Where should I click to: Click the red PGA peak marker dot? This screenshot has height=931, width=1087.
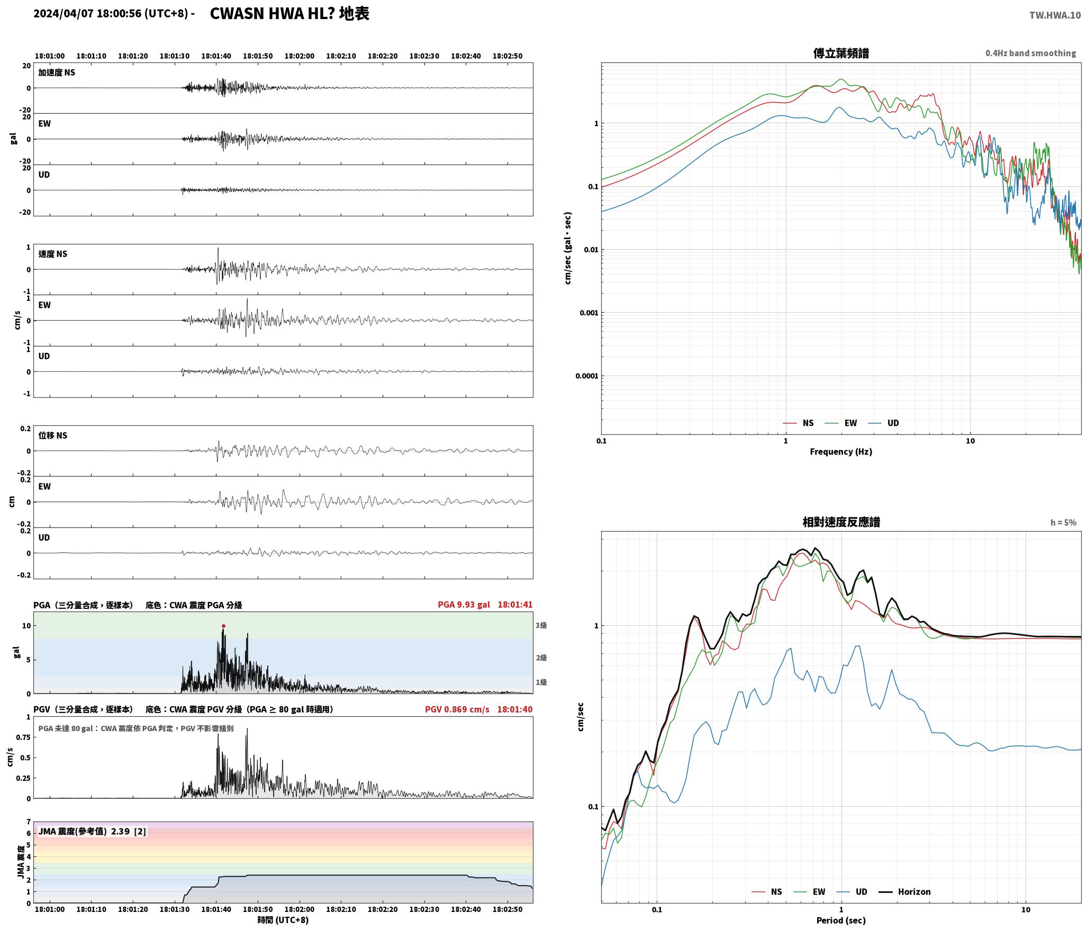(x=223, y=626)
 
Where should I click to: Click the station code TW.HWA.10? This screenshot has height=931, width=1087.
(x=1055, y=15)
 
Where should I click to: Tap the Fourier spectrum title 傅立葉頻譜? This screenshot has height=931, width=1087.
(x=841, y=53)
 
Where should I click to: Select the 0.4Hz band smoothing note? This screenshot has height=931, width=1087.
(x=1030, y=53)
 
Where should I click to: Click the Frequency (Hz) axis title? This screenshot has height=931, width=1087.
(x=841, y=451)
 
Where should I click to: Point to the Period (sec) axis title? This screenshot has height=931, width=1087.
(x=841, y=920)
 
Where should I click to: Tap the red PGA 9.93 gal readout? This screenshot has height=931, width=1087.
(x=464, y=604)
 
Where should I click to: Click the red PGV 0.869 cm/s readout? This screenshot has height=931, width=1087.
(x=457, y=709)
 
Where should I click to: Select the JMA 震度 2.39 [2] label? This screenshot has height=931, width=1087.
(x=92, y=831)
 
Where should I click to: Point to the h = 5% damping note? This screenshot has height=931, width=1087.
(x=1063, y=522)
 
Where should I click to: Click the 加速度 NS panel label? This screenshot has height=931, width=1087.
(x=57, y=72)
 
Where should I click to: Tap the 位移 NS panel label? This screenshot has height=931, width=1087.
(x=53, y=435)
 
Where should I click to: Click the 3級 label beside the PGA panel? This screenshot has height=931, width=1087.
(x=541, y=625)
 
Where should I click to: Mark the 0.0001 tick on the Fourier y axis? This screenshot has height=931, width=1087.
(x=587, y=376)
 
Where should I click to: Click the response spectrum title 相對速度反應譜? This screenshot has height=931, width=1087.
(x=841, y=522)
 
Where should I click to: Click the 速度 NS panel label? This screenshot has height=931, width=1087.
(x=53, y=254)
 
